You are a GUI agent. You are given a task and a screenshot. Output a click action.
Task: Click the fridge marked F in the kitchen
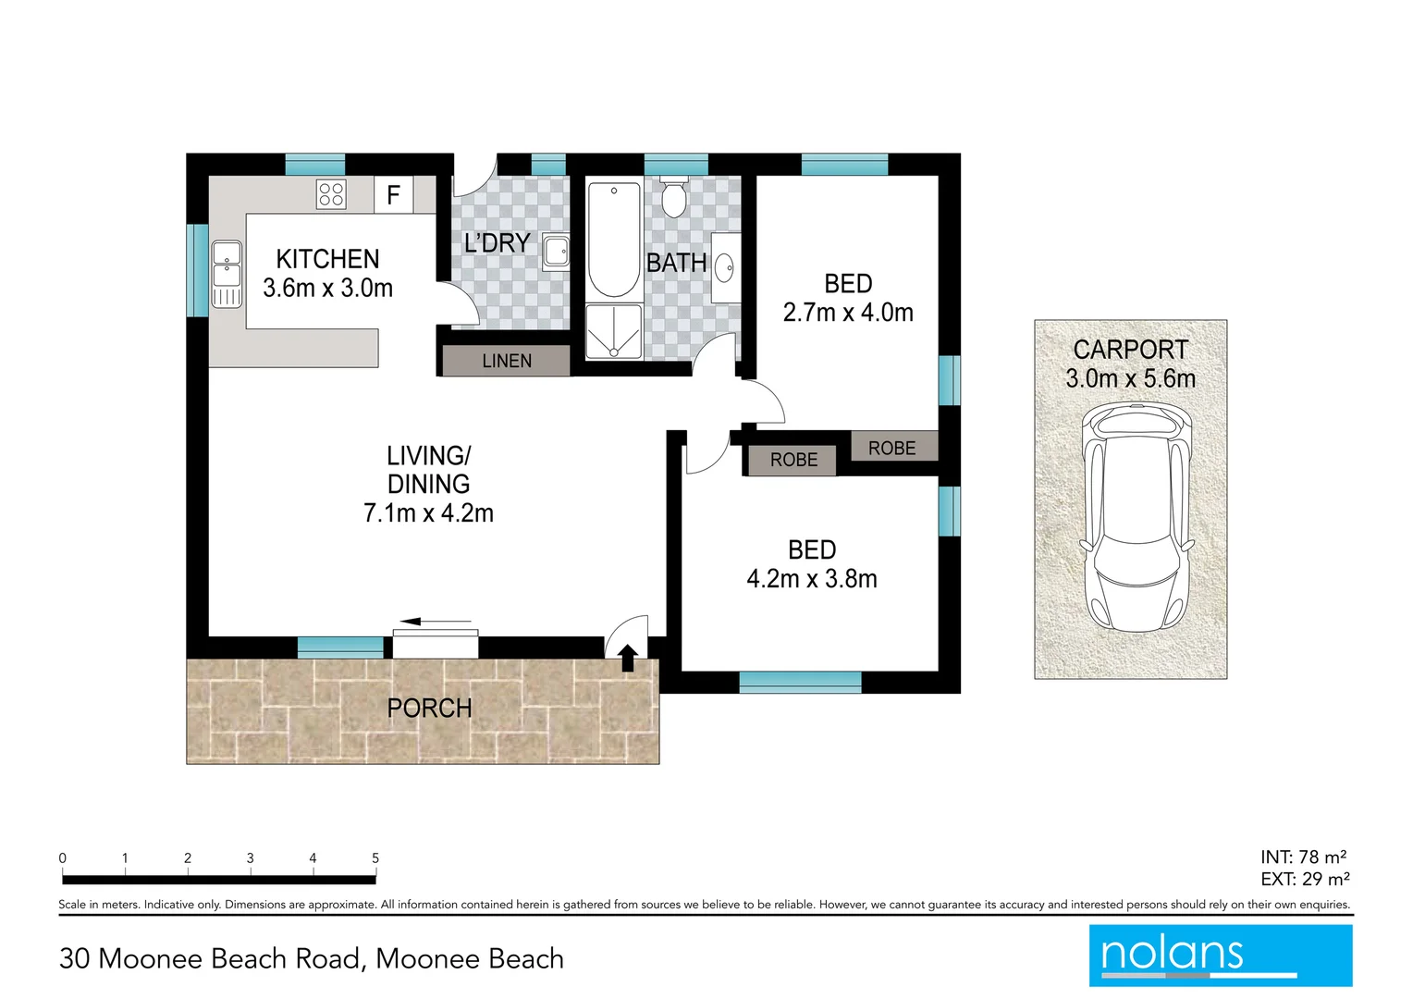coord(393,195)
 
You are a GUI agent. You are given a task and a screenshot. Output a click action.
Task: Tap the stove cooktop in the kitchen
coord(331,194)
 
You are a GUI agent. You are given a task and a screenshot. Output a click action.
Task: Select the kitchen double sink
coord(227,273)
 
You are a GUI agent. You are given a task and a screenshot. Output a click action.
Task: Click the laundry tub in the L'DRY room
coord(556,252)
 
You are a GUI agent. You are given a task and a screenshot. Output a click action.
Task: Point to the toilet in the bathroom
coord(674,198)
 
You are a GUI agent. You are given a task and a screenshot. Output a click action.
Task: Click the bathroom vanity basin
coord(725,268)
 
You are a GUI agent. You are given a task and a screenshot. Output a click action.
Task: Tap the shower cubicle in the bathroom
coord(614,330)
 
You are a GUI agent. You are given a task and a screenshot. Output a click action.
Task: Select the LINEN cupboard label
coord(507,361)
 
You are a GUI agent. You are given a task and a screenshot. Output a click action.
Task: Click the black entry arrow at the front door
coord(628,657)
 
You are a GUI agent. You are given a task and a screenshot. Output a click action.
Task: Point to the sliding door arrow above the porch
coord(436,622)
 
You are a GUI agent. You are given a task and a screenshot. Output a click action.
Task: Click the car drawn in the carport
coord(1137,517)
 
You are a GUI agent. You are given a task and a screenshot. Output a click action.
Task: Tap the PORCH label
coord(429,709)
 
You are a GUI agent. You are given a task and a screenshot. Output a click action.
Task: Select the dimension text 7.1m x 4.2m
coord(428,513)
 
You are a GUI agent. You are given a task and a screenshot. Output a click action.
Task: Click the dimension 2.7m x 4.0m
coord(848,313)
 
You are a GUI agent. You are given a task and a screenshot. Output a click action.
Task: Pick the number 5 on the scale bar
coord(375,858)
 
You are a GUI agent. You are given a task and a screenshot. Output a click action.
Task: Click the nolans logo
coord(1220,955)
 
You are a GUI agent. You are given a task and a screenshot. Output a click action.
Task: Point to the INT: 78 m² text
coord(1302,857)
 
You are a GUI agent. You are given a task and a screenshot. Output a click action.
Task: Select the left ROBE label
coord(793,460)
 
